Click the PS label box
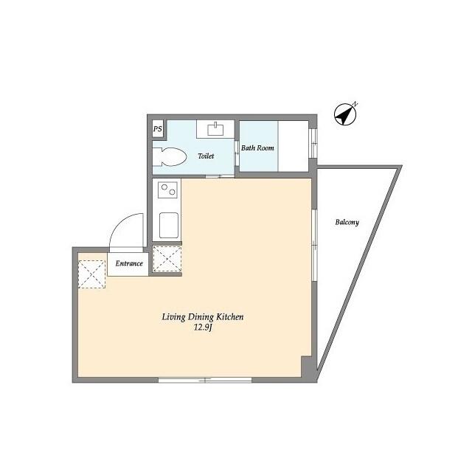(157, 129)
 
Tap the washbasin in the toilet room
(215, 130)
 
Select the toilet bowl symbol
(171, 156)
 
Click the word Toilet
(206, 156)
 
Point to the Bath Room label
(258, 148)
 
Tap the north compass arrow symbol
(344, 114)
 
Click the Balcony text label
(347, 222)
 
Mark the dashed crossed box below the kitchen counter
(167, 259)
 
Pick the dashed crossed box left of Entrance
(92, 274)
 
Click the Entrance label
(129, 264)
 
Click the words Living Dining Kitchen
(203, 317)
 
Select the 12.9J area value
(203, 328)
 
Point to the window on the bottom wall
(204, 380)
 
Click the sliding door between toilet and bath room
(215, 176)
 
